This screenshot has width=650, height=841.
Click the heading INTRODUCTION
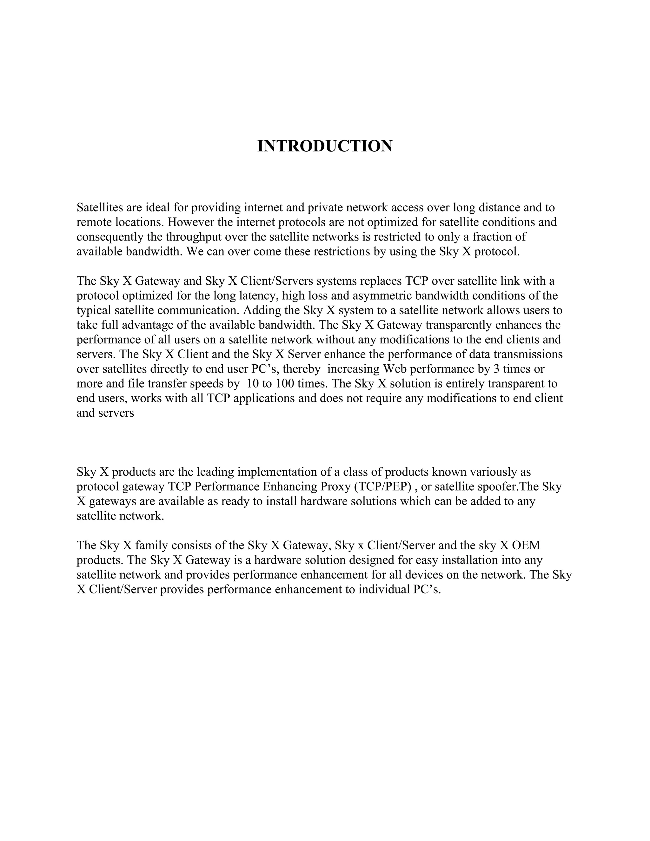325,146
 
